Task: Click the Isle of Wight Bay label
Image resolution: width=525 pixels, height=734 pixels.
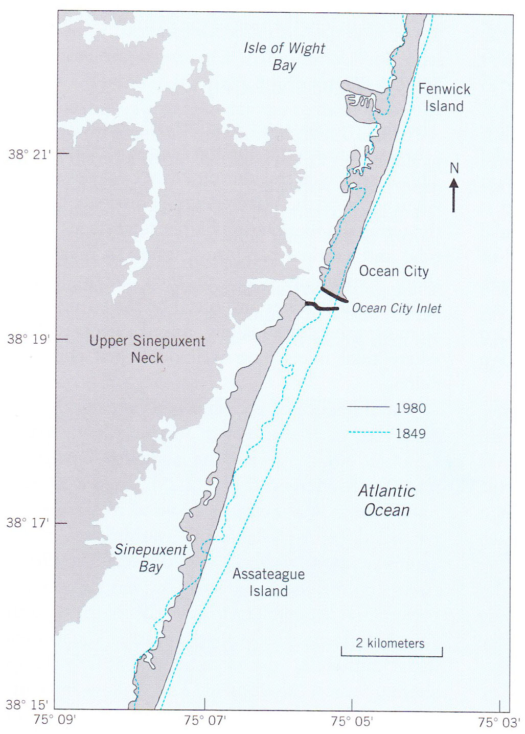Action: (284, 56)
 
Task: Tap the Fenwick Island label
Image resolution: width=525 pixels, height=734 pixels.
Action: (444, 97)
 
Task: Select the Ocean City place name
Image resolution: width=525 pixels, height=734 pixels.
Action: (394, 271)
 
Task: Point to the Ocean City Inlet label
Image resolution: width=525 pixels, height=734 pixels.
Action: (396, 308)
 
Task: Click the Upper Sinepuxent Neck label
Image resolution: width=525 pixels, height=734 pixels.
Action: (147, 349)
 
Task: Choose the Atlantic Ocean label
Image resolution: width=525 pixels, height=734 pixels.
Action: (386, 500)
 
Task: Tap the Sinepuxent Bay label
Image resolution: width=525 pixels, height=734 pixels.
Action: (150, 558)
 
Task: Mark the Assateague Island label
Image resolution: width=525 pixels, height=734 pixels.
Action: (268, 582)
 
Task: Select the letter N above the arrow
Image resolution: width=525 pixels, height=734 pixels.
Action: (454, 168)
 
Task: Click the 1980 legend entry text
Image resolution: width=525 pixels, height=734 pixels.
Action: (410, 408)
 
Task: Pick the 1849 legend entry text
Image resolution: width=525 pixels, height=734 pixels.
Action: (410, 434)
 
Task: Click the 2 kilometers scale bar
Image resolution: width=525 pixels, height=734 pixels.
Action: (392, 655)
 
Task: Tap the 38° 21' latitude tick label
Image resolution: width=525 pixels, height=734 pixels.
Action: (30, 154)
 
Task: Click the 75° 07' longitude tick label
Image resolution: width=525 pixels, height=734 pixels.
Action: (204, 721)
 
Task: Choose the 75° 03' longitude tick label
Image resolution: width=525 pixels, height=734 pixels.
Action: (498, 722)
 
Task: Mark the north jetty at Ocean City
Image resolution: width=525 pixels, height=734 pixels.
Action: (334, 295)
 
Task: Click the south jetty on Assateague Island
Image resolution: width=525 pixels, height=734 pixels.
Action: (322, 307)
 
